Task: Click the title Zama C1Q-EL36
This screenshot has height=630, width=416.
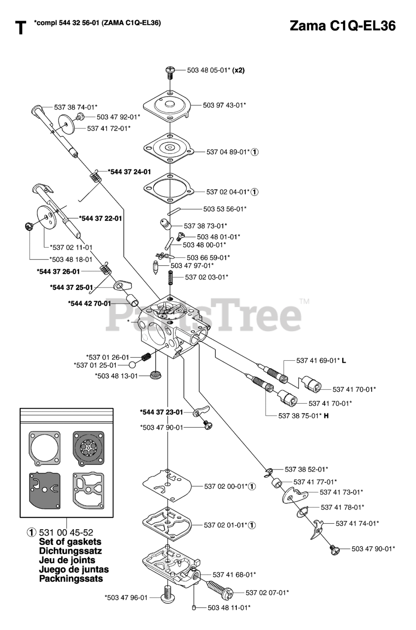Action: tap(343, 26)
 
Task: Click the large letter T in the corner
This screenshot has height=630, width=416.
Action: tap(20, 29)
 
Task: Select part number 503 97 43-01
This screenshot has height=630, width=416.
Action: tap(224, 105)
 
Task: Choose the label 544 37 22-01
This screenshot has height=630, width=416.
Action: tap(101, 218)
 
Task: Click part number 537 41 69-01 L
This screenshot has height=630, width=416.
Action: tap(321, 361)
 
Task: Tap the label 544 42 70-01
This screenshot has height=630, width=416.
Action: tap(90, 303)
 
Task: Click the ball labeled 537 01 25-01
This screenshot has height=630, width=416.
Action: tap(132, 365)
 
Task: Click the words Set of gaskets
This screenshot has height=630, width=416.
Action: tap(70, 541)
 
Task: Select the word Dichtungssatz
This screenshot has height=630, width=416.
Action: tap(70, 550)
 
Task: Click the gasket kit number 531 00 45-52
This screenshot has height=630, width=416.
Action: tap(66, 532)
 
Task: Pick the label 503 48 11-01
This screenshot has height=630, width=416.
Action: tap(229, 608)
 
